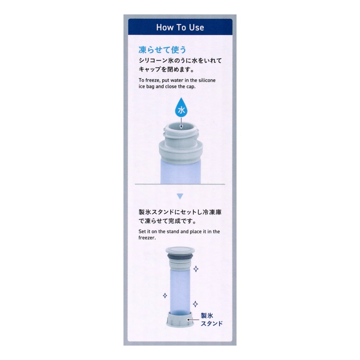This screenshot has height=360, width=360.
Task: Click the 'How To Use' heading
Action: point(180,27)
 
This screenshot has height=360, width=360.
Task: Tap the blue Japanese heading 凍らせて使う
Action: point(162,50)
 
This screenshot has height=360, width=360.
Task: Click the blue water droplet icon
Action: point(181,108)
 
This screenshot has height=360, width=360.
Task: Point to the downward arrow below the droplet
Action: point(181,123)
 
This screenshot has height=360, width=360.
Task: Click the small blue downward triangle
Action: point(180,196)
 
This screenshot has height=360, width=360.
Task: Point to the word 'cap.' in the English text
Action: point(191,87)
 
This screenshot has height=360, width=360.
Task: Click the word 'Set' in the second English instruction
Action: point(142,231)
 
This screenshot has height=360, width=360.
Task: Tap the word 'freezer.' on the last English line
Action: point(147,238)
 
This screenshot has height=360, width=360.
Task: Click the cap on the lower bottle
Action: point(180,250)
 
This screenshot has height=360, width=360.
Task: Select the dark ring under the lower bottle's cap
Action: point(180,256)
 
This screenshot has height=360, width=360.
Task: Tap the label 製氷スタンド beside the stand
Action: point(212,319)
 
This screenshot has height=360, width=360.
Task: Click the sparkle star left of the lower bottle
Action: point(165,296)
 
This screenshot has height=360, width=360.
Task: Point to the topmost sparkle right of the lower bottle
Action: point(196,269)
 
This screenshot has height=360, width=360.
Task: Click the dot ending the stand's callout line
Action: point(188,320)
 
